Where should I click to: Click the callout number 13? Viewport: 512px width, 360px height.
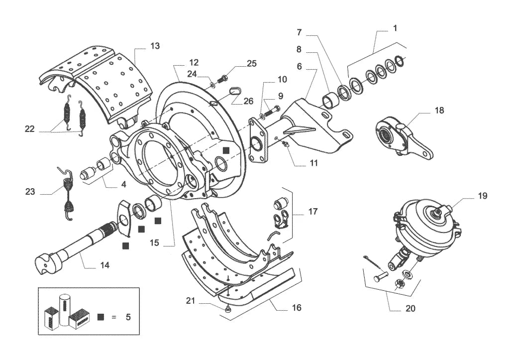[x=155, y=46]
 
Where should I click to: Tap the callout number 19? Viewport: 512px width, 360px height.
[x=483, y=196]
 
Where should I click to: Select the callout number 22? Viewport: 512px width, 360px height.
[x=30, y=129]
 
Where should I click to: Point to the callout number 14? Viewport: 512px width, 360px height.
[x=105, y=265]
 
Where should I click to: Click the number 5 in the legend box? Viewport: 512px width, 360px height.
[x=128, y=317]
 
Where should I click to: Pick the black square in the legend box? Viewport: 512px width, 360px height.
[x=101, y=317]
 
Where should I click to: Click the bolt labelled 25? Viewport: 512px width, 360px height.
[x=222, y=78]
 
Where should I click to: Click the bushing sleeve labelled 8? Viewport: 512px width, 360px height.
[x=328, y=100]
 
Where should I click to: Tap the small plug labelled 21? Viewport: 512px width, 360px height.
[x=228, y=308]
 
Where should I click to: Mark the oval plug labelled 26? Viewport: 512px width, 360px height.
[x=235, y=91]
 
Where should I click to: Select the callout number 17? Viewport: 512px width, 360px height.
[x=313, y=212]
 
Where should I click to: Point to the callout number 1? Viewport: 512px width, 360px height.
[x=395, y=28]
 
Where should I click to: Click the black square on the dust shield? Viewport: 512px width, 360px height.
[x=226, y=150]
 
